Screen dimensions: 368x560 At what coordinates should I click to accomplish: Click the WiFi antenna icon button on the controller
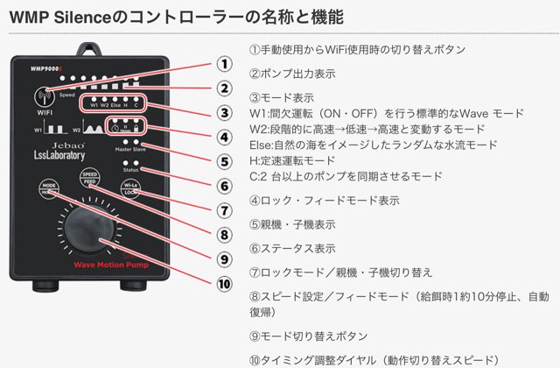[x=43, y=97]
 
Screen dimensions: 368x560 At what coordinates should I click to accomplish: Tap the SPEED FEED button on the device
[x=89, y=178]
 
